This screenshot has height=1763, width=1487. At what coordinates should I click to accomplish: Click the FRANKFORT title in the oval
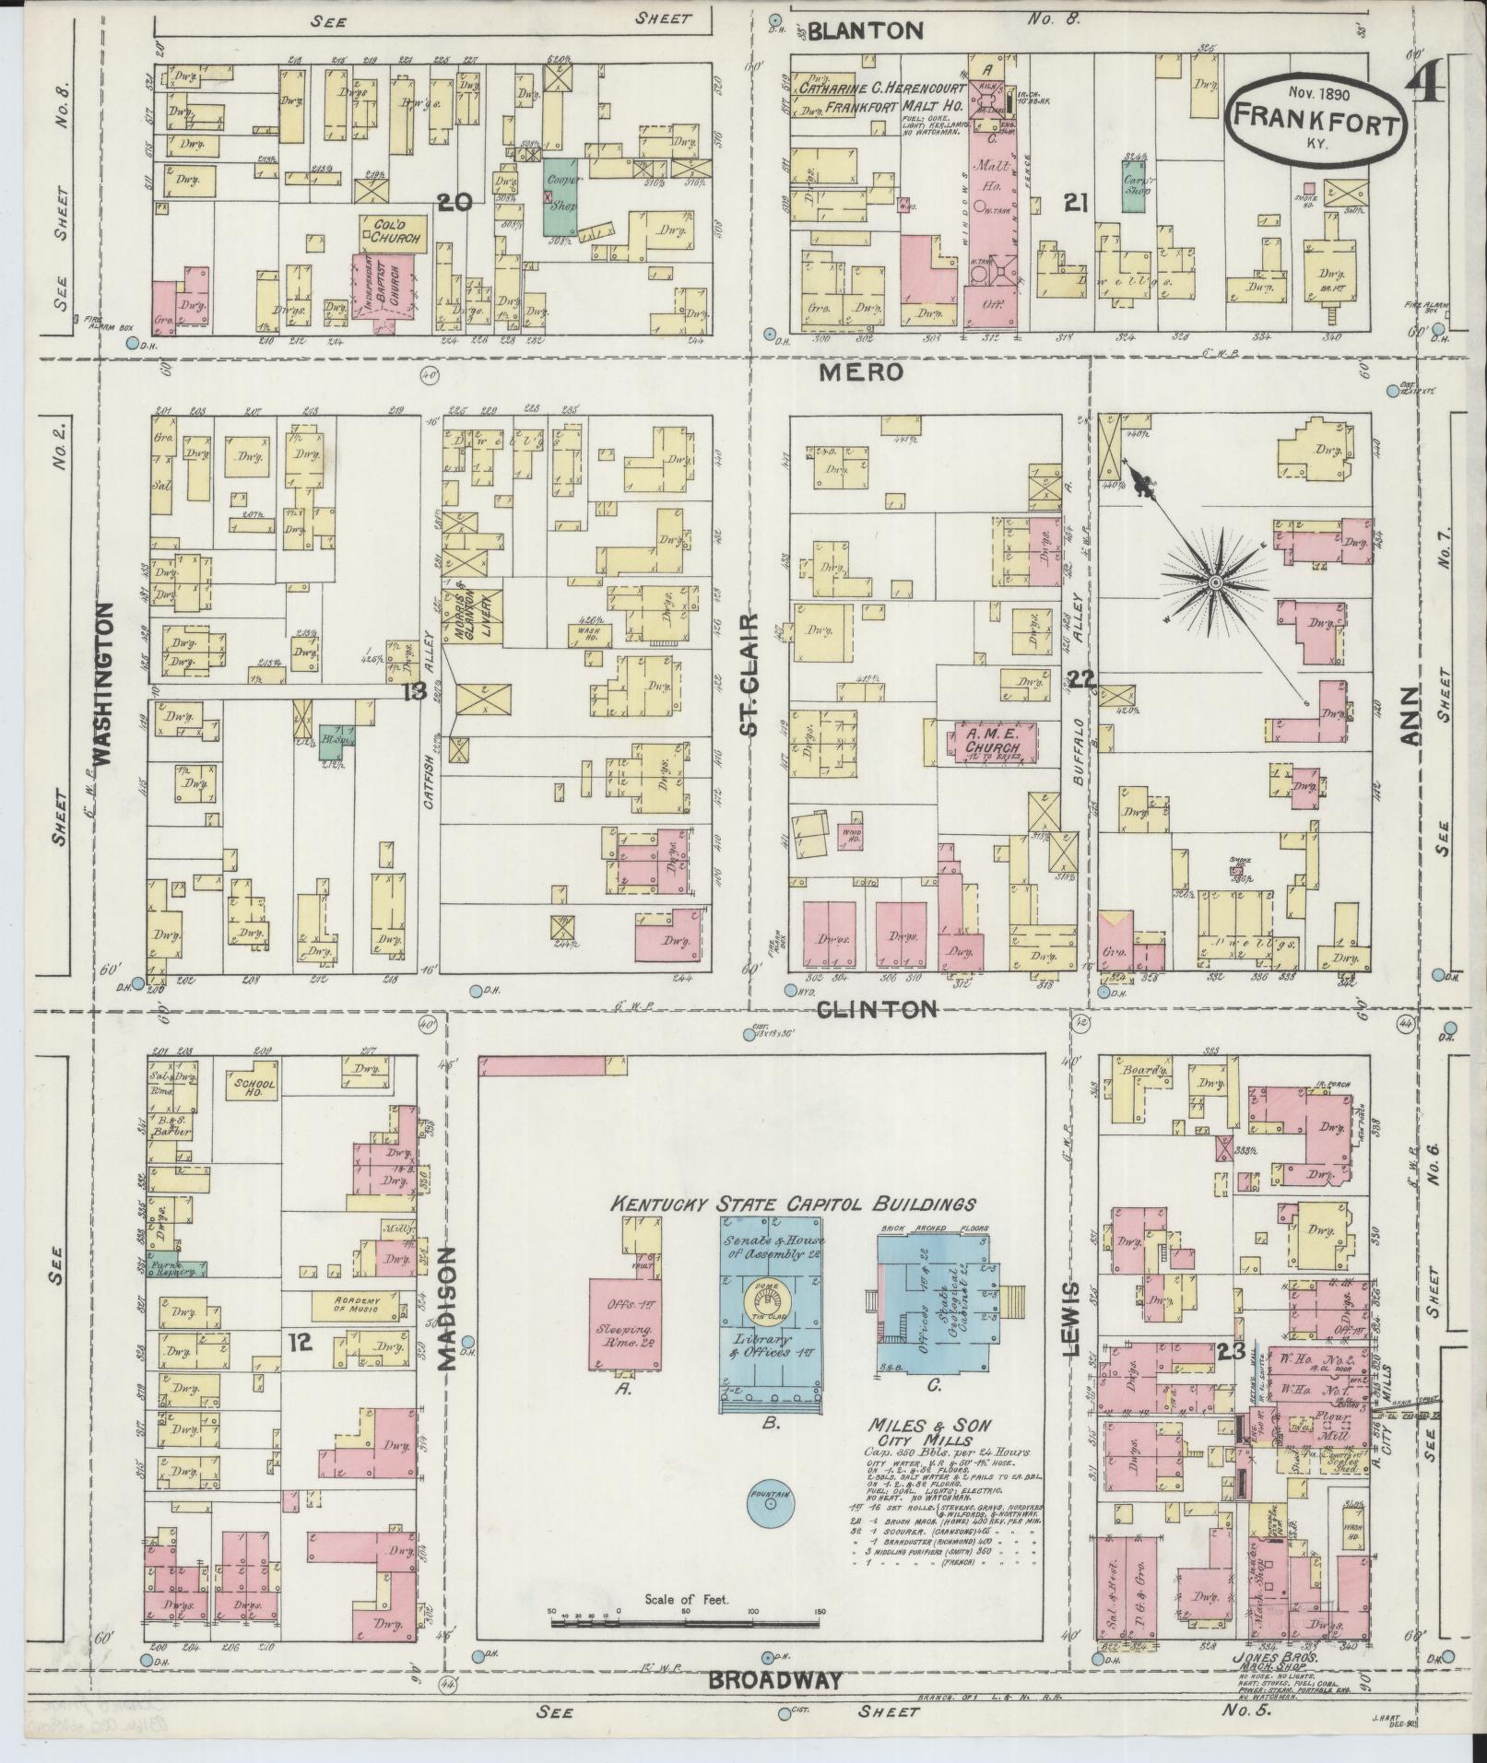[1315, 119]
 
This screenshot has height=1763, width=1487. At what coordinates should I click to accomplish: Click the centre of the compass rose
[1216, 583]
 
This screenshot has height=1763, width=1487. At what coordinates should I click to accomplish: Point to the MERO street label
[859, 372]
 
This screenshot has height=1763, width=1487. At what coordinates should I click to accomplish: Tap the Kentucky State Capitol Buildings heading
[794, 1204]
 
